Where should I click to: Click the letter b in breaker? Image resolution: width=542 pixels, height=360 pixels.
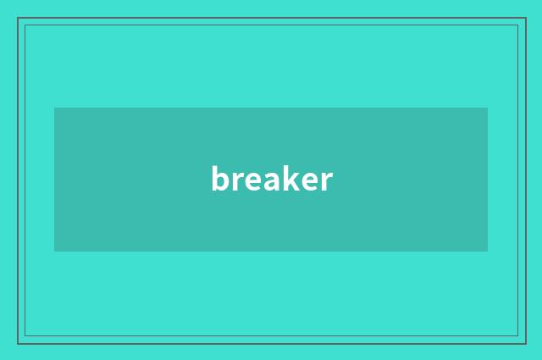point(219,179)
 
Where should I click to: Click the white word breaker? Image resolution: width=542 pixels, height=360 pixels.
point(271,180)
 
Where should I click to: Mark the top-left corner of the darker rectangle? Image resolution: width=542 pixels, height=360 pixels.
point(55,108)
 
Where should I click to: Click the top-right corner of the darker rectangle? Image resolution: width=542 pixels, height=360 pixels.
point(487,108)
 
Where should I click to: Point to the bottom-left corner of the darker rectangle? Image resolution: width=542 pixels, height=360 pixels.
point(55,251)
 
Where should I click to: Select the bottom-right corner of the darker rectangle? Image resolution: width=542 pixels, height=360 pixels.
point(487,251)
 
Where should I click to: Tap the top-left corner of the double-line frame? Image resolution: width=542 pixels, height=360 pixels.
point(19,19)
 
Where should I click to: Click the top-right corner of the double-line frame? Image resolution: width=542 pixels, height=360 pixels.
point(525,19)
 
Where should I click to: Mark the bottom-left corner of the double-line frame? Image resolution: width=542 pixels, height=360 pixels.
point(19,342)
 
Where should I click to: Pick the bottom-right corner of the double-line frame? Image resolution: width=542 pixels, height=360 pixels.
point(525,342)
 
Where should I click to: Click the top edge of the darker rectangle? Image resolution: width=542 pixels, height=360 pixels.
point(271,108)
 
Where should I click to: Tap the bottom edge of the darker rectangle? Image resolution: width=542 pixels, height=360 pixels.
point(271,251)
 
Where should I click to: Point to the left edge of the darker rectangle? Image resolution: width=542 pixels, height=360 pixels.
point(55,180)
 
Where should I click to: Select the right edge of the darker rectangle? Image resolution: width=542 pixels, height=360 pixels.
point(487,180)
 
